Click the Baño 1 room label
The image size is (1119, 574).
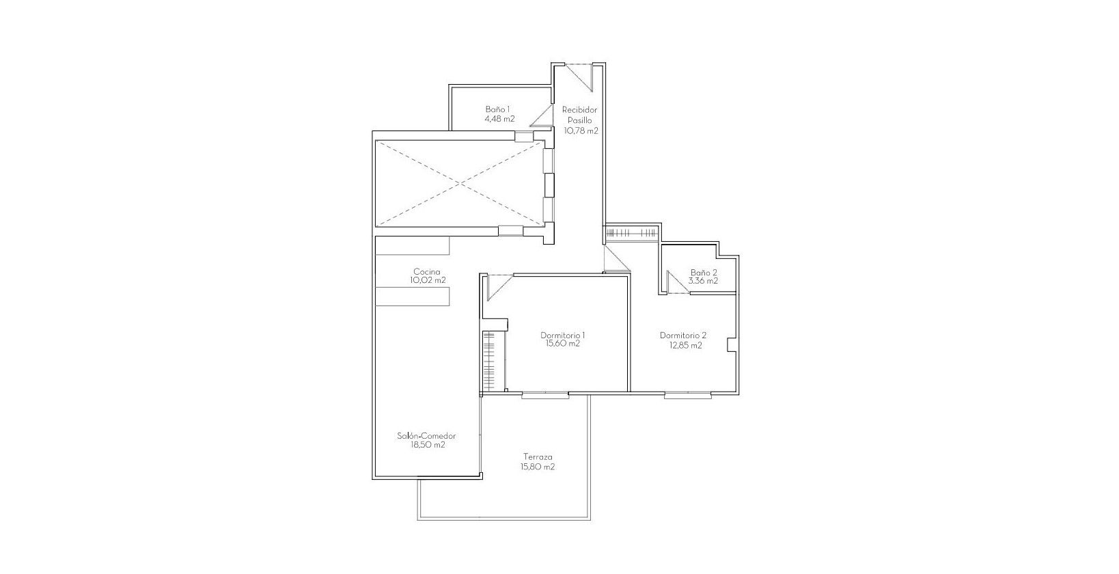tap(497, 109)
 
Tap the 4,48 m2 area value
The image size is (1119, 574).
tap(499, 119)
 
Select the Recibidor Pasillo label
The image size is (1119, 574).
tap(579, 115)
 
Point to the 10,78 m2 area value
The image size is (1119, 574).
tap(581, 131)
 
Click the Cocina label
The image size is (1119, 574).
tap(427, 272)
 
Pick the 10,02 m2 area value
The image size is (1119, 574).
tap(428, 280)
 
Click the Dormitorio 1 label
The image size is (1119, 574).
tap(562, 336)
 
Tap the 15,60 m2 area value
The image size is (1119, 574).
tap(562, 344)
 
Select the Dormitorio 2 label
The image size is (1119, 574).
tap(683, 336)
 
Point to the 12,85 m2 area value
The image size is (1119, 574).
tap(685, 345)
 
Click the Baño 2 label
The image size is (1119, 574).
tap(704, 272)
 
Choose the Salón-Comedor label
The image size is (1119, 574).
tap(426, 435)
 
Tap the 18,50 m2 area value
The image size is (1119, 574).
tap(428, 445)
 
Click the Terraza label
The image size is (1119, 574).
tap(538, 456)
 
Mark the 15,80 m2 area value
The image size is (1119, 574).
tap(538, 467)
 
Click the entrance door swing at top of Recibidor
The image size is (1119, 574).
tap(579, 77)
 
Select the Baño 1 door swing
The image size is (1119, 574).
tap(542, 115)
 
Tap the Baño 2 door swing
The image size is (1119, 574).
tap(678, 282)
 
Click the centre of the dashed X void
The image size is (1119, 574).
tap(460, 184)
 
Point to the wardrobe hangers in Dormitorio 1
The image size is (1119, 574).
tap(488, 361)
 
